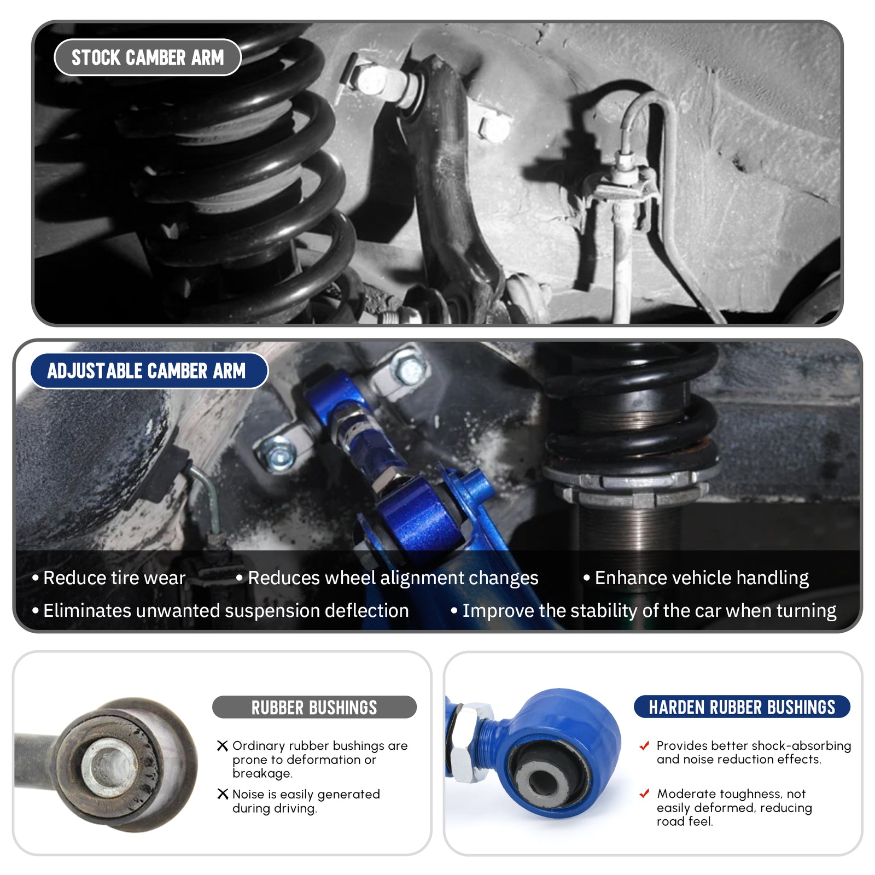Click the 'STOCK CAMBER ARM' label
click(x=148, y=57)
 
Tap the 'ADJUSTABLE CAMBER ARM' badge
click(x=149, y=371)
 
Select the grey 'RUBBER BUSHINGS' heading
click(x=314, y=707)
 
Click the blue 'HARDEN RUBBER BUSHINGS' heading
click(x=742, y=707)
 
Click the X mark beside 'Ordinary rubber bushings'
click(x=223, y=745)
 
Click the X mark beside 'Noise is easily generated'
click(x=223, y=794)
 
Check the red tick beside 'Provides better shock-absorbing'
click(x=645, y=745)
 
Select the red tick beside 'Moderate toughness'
click(x=645, y=793)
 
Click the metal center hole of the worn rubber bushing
click(x=107, y=765)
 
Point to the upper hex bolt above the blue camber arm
click(x=410, y=370)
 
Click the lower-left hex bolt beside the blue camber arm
click(x=278, y=454)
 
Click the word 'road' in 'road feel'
click(x=669, y=821)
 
